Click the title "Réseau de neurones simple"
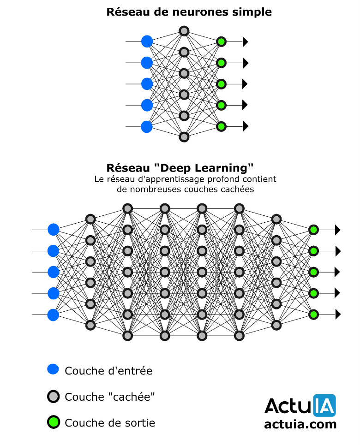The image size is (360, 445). click(189, 12)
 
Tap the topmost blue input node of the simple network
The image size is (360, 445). click(147, 42)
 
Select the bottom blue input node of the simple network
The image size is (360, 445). click(147, 126)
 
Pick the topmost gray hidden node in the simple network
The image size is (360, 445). click(184, 31)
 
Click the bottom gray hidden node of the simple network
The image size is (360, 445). click(184, 137)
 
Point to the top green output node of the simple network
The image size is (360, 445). click(221, 42)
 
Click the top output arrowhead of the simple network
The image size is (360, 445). click(246, 42)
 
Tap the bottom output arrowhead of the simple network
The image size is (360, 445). click(246, 126)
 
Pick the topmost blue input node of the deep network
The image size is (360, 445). click(54, 230)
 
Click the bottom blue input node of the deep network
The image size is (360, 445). click(54, 314)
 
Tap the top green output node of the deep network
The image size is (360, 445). click(313, 230)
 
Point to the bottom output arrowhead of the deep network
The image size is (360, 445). click(338, 314)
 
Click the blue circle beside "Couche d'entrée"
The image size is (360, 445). click(54, 369)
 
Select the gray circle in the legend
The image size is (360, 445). click(54, 396)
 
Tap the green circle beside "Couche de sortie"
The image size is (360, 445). click(54, 421)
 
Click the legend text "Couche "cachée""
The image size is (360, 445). click(110, 397)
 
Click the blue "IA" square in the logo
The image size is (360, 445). click(324, 406)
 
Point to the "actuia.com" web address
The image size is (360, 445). click(300, 424)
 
